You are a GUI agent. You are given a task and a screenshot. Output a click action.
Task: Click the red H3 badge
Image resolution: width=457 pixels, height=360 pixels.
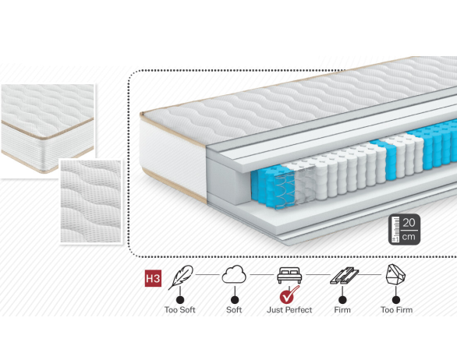[x=153, y=278]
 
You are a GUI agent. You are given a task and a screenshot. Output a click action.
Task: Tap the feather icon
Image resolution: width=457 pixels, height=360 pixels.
[x=181, y=277]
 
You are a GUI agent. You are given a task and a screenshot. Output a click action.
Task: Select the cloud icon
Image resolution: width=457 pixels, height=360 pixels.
[x=234, y=274]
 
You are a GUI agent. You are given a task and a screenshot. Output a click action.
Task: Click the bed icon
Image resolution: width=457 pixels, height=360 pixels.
[x=289, y=275]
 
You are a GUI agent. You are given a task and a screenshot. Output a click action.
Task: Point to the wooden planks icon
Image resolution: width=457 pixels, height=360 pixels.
[x=344, y=276]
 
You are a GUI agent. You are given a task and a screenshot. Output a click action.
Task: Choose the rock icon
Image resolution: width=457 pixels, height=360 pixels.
[x=395, y=274]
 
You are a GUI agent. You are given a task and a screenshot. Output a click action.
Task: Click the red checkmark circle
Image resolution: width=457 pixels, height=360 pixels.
[x=289, y=295]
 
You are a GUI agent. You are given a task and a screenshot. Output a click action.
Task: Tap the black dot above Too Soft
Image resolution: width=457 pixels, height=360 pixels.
[x=180, y=300]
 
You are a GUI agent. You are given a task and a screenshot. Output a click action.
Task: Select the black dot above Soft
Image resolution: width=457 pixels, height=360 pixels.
[x=235, y=300]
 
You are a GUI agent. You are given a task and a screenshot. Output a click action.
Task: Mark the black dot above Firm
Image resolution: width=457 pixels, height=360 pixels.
[x=343, y=300]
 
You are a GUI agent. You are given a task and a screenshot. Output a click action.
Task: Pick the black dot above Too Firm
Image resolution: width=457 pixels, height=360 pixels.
[x=396, y=300]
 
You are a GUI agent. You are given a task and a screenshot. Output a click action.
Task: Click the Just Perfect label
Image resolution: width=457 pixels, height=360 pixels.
[x=289, y=309]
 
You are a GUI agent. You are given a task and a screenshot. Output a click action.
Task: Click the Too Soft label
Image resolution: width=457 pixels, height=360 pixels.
[x=180, y=309]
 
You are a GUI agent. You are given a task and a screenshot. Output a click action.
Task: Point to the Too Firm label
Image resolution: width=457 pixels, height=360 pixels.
[x=397, y=309]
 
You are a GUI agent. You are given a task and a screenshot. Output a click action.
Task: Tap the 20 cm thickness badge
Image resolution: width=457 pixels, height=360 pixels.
[x=404, y=229]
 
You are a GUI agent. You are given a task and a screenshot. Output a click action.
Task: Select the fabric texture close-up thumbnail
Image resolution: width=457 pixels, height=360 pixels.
[x=90, y=201]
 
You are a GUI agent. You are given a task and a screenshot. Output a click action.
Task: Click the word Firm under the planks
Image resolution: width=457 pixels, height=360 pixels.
[x=342, y=309]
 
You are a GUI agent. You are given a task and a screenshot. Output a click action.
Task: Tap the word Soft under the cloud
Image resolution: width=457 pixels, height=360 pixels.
[x=234, y=309]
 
